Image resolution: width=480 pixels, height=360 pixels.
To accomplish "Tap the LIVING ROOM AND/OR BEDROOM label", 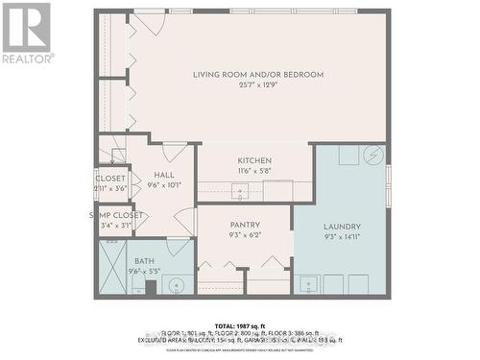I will tap(257, 75).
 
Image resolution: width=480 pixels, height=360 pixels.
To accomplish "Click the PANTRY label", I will tap(245, 224).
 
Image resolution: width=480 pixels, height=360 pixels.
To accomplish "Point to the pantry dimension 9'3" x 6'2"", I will tap(245, 235).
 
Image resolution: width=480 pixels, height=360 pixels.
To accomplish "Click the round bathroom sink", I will tap(175, 284).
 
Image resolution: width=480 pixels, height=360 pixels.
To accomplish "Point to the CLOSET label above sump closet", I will tap(109, 179).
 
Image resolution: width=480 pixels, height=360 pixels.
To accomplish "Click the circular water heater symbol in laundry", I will tap(372, 156).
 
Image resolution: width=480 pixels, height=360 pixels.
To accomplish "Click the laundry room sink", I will tap(308, 283).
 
